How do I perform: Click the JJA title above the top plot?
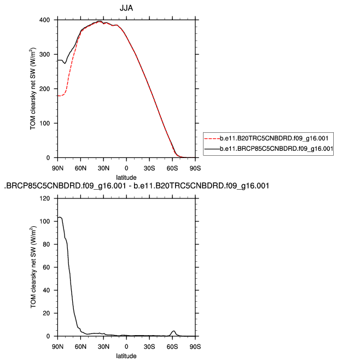[x=126, y=8]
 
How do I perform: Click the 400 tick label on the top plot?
[x=47, y=20]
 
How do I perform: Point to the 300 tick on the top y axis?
[x=47, y=55]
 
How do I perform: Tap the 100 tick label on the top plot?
[x=47, y=124]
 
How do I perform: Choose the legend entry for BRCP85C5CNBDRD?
[x=276, y=148]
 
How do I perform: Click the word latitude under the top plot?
[x=126, y=177]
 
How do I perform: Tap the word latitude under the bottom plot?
[x=126, y=356]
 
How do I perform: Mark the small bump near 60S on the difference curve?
[x=173, y=331]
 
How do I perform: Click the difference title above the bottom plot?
[x=136, y=186]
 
